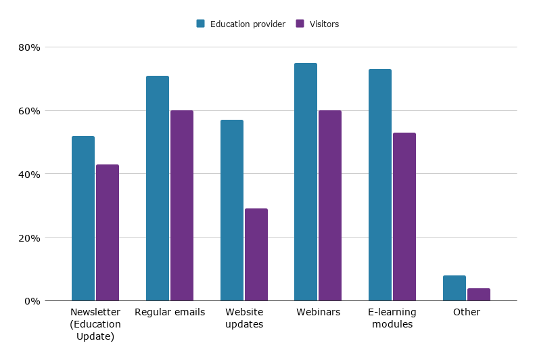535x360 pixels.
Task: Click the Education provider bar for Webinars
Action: [306, 182]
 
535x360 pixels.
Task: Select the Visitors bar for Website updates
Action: [256, 254]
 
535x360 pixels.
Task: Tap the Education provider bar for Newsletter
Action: [83, 218]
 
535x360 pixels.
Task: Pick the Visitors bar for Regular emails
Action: [182, 206]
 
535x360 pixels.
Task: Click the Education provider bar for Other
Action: [455, 288]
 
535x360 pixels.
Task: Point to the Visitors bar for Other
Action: [479, 294]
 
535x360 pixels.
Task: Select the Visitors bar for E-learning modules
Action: [404, 217]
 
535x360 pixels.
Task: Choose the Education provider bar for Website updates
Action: [232, 210]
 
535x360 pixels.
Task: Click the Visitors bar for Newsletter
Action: [108, 232]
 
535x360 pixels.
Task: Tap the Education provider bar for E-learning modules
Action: [380, 185]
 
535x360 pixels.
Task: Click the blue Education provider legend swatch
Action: [201, 24]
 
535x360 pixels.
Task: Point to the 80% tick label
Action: [30, 47]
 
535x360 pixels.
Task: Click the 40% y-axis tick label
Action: [30, 174]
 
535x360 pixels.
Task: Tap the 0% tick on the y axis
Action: [32, 301]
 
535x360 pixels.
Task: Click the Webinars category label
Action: [318, 312]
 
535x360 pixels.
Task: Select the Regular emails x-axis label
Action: [170, 312]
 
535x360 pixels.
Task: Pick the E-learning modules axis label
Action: [392, 318]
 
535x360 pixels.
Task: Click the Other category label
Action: [467, 312]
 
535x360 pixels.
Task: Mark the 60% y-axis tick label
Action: [30, 111]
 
